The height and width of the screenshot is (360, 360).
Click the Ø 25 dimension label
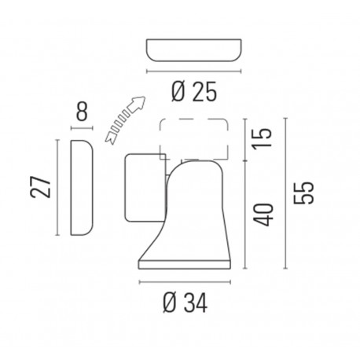pos(192,92)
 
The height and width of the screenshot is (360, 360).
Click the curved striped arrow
pos(116,119)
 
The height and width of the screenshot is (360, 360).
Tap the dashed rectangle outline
pos(193,136)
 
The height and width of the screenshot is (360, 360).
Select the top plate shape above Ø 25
pos(192,51)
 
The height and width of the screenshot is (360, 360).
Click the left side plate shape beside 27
pos(82,187)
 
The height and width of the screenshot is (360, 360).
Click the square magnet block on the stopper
pos(143,186)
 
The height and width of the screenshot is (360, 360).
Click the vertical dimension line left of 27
pos(60,187)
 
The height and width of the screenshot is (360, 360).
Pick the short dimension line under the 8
pos(82,128)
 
